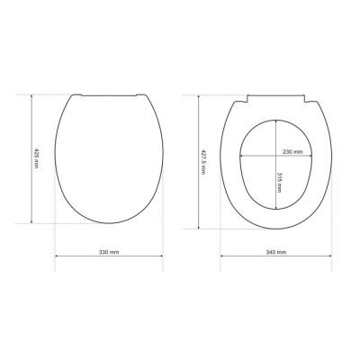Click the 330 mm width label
tap(109, 252)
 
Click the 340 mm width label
tap(276, 252)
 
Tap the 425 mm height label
tap(36, 158)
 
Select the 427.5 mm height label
tap(203, 162)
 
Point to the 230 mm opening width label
tap(292, 152)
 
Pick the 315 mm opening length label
tap(279, 183)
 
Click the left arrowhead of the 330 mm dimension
tap(56, 256)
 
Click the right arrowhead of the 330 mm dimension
tap(161, 256)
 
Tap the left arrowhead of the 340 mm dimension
tap(222, 256)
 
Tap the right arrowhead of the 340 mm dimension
tap(330, 256)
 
